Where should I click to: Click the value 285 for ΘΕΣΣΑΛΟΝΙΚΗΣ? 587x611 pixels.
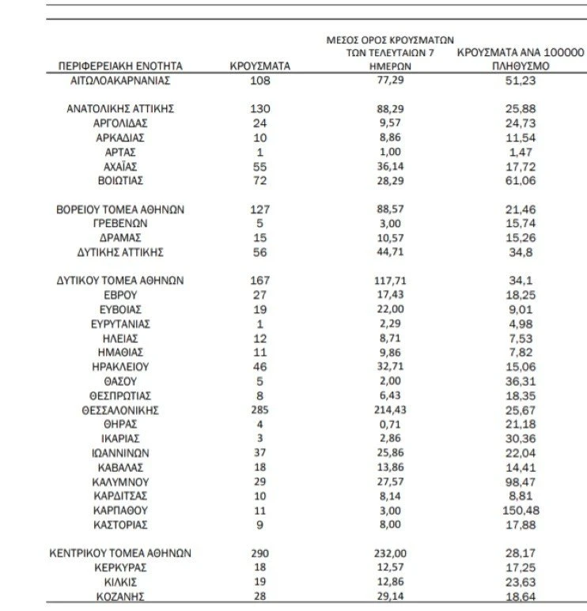(260, 410)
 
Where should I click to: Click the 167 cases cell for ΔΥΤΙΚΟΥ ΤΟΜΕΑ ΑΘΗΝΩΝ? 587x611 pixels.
(260, 281)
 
